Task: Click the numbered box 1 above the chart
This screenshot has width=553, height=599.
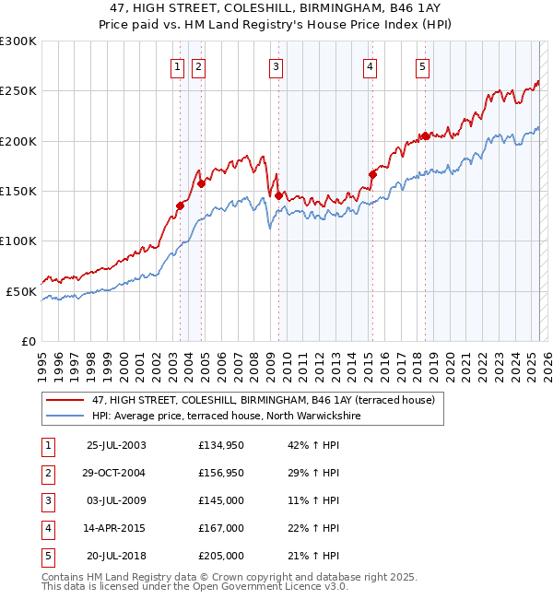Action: click(x=176, y=65)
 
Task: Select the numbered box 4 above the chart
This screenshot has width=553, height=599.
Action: click(x=370, y=65)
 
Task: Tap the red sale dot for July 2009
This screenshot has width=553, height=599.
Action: click(x=277, y=194)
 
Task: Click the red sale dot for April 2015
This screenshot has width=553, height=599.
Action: click(x=372, y=173)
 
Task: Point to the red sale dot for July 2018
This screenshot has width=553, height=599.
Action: click(x=425, y=135)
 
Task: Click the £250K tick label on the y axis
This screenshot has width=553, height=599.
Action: click(x=18, y=91)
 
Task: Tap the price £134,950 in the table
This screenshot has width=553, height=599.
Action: click(x=221, y=446)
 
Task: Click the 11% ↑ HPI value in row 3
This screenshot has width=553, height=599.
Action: click(x=313, y=500)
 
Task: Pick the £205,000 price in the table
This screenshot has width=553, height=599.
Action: click(x=221, y=556)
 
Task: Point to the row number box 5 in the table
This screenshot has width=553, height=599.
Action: click(x=47, y=556)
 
